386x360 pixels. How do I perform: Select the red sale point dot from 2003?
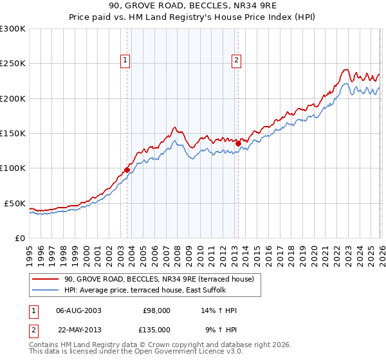point(127,170)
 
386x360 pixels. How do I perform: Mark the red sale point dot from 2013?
point(238,143)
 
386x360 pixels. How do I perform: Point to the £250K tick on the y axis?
point(13,64)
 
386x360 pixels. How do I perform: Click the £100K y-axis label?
point(13,168)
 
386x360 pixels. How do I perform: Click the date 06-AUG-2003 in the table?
point(78,310)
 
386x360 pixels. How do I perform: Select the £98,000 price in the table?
point(156,310)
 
